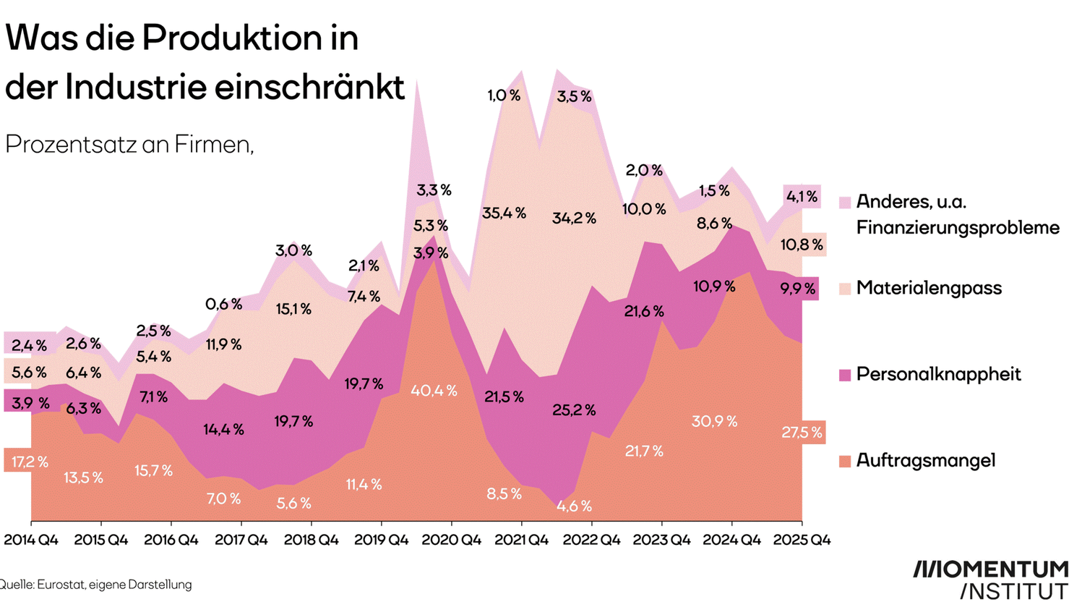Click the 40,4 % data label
point(434,391)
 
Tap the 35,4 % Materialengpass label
point(504,213)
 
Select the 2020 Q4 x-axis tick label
point(452,540)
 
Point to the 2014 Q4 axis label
point(31,540)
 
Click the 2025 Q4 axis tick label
point(802,540)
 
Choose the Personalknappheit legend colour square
point(844,375)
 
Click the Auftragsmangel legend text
point(925,460)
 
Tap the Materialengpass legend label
point(929,288)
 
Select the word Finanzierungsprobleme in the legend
point(958,227)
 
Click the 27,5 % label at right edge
point(802,433)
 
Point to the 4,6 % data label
point(574,506)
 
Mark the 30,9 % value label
point(714,421)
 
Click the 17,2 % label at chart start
point(30,462)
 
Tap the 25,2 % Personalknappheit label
point(574,410)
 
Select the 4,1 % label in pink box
point(802,197)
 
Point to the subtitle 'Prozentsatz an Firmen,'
point(129,145)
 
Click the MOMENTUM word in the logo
point(990,569)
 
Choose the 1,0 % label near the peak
point(504,96)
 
